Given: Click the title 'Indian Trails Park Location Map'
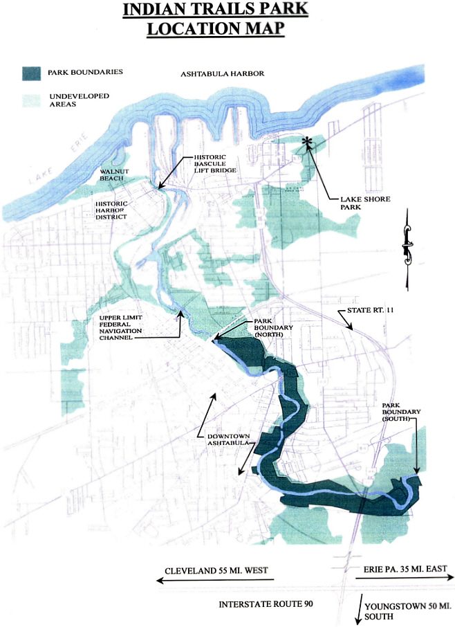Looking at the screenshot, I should [x=215, y=20].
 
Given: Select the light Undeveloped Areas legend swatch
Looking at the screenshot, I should [x=31, y=100].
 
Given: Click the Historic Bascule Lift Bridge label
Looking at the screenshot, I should [x=215, y=164].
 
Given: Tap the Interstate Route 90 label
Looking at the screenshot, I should [x=261, y=603].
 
